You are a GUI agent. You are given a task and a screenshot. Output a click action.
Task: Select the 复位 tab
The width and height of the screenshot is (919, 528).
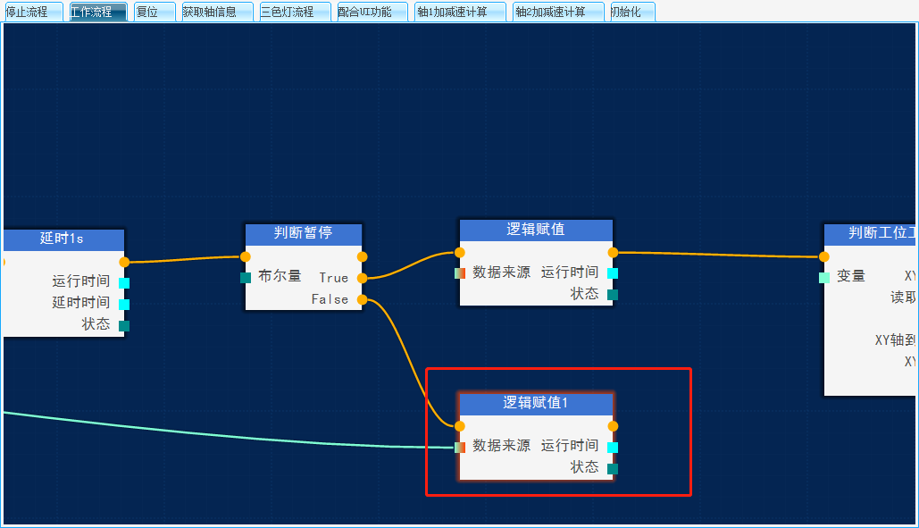pyautogui.click(x=154, y=12)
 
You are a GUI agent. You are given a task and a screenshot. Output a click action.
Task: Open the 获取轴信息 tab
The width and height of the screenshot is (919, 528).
pyautogui.click(x=216, y=12)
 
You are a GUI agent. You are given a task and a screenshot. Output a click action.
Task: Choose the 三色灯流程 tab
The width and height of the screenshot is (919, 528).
pyautogui.click(x=294, y=12)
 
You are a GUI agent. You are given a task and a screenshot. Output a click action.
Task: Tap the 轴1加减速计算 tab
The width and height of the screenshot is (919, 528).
pyautogui.click(x=459, y=12)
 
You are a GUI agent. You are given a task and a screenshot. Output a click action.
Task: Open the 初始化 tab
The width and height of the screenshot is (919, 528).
pyautogui.click(x=631, y=12)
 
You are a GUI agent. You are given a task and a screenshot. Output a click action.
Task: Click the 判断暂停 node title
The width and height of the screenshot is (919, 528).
pyautogui.click(x=303, y=233)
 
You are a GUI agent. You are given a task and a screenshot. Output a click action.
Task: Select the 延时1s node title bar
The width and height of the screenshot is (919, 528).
pyautogui.click(x=62, y=239)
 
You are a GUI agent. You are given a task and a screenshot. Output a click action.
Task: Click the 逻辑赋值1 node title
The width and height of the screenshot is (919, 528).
pyautogui.click(x=536, y=403)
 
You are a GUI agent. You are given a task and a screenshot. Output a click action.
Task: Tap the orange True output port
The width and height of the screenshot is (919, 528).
pyautogui.click(x=362, y=278)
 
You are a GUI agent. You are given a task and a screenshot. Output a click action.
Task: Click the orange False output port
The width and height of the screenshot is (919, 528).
pyautogui.click(x=362, y=299)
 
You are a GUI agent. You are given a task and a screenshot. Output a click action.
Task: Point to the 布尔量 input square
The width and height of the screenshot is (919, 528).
pyautogui.click(x=246, y=278)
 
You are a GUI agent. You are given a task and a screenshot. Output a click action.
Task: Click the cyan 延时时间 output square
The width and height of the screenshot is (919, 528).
pyautogui.click(x=124, y=305)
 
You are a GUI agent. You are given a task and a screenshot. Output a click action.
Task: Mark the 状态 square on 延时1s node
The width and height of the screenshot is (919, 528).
pyautogui.click(x=124, y=326)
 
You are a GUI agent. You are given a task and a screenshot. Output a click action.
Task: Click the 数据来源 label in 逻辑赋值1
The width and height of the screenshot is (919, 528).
pyautogui.click(x=501, y=446)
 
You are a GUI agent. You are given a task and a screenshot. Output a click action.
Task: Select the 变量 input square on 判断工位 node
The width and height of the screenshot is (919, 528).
pyautogui.click(x=824, y=278)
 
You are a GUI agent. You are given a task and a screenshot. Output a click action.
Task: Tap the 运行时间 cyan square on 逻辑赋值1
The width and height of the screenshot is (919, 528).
pyautogui.click(x=613, y=448)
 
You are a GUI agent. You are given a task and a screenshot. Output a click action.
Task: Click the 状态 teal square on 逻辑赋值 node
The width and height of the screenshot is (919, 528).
pyautogui.click(x=613, y=295)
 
